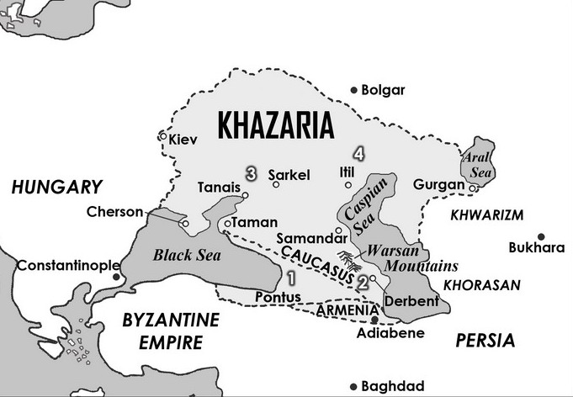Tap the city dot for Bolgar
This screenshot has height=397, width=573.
pyautogui.click(x=354, y=90)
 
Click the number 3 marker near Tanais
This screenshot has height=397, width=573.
pyautogui.click(x=250, y=172)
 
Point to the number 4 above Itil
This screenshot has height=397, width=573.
pyautogui.click(x=359, y=154)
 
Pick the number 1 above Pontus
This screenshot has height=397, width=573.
pyautogui.click(x=291, y=278)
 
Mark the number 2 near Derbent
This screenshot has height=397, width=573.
pyautogui.click(x=362, y=283)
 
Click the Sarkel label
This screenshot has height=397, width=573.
pyautogui.click(x=289, y=175)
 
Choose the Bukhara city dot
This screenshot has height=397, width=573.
pyautogui.click(x=541, y=236)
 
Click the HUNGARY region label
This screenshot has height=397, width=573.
pyautogui.click(x=56, y=188)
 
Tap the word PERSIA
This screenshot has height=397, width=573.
pyautogui.click(x=484, y=341)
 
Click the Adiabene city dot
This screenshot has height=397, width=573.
pyautogui.click(x=374, y=319)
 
